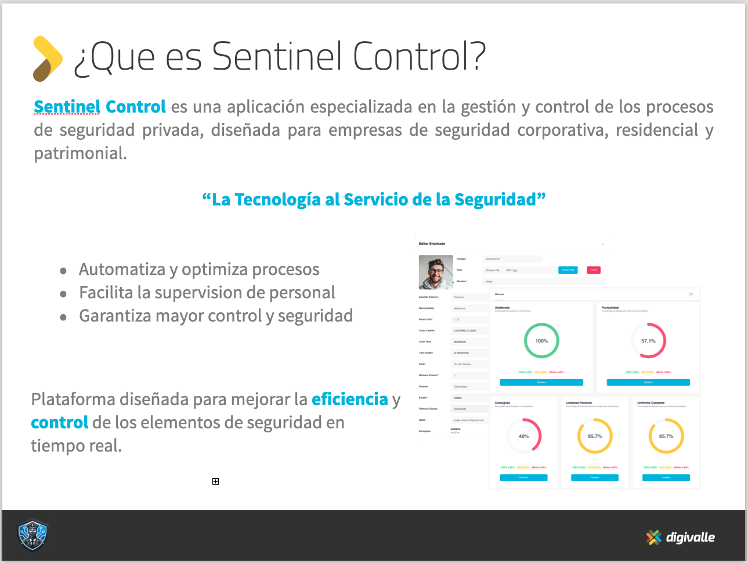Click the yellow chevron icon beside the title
48,59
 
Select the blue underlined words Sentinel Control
100,107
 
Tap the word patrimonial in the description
80,153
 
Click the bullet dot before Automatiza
63,271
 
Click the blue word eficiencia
349,399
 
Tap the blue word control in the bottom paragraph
59,423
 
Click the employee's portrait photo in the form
436,272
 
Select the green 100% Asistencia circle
541,341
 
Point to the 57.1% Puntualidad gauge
648,341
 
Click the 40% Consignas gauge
523,436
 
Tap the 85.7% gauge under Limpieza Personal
594,436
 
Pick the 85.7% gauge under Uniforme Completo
666,436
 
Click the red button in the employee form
593,270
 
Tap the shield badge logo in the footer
32,535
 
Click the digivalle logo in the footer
681,537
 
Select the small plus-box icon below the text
215,481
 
